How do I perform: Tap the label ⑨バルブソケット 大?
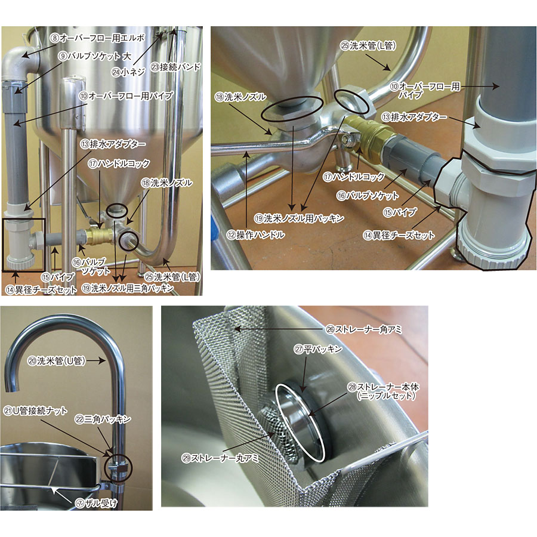[94, 56]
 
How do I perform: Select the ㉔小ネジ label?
[129, 72]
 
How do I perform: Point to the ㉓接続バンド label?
[175, 67]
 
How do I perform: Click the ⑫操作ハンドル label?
[255, 235]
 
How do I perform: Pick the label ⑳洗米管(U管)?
[57, 360]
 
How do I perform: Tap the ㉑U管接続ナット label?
[36, 411]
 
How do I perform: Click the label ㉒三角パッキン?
[103, 419]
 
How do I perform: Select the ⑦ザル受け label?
[96, 503]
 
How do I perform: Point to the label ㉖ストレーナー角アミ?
[364, 329]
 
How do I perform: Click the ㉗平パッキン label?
[318, 349]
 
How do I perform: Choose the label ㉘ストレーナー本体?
[384, 387]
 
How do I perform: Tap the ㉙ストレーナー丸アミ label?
[220, 458]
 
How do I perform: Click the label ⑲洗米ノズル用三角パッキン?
[128, 288]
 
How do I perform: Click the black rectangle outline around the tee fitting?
[3, 245]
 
